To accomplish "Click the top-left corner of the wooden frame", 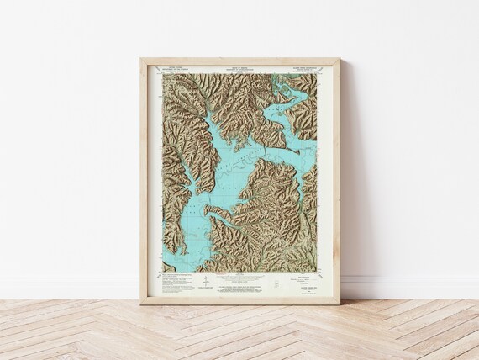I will pyautogui.click(x=141, y=59).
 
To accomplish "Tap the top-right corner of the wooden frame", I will pyautogui.click(x=340, y=59).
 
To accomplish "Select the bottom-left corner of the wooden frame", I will pyautogui.click(x=141, y=304).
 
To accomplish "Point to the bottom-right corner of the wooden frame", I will pyautogui.click(x=340, y=304).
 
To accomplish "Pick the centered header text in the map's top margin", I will pyautogui.click(x=239, y=70).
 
